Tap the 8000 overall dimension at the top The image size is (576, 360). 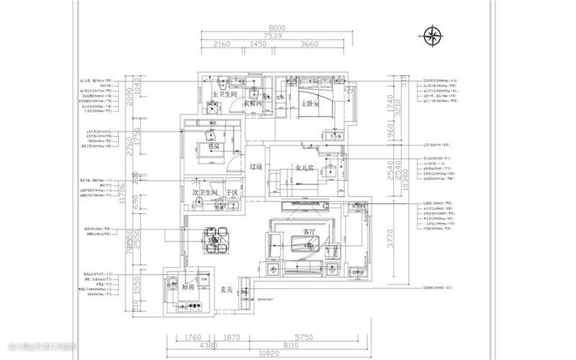point(276,29)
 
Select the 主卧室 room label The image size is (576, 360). point(310,104)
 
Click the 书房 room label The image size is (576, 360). point(213,145)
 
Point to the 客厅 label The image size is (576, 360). point(310,232)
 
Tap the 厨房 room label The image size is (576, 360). point(189,287)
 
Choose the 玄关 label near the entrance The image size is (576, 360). point(226,289)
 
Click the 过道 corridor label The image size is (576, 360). point(256,167)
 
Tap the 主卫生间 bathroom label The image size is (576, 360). point(225,95)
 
